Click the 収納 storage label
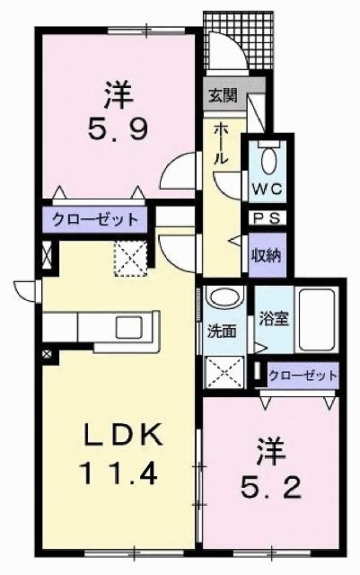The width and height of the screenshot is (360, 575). (266, 253)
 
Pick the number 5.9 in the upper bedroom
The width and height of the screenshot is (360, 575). (118, 117)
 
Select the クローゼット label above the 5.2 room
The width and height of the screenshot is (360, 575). (303, 375)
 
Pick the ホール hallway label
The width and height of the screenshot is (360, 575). (221, 144)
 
